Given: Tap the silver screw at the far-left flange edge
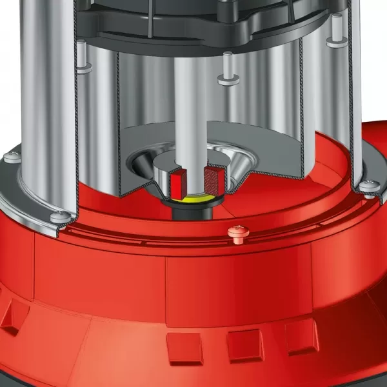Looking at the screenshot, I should click(x=10, y=156).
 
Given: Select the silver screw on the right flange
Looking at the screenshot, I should click(x=369, y=186).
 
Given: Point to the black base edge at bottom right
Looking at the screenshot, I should click(x=361, y=377).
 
